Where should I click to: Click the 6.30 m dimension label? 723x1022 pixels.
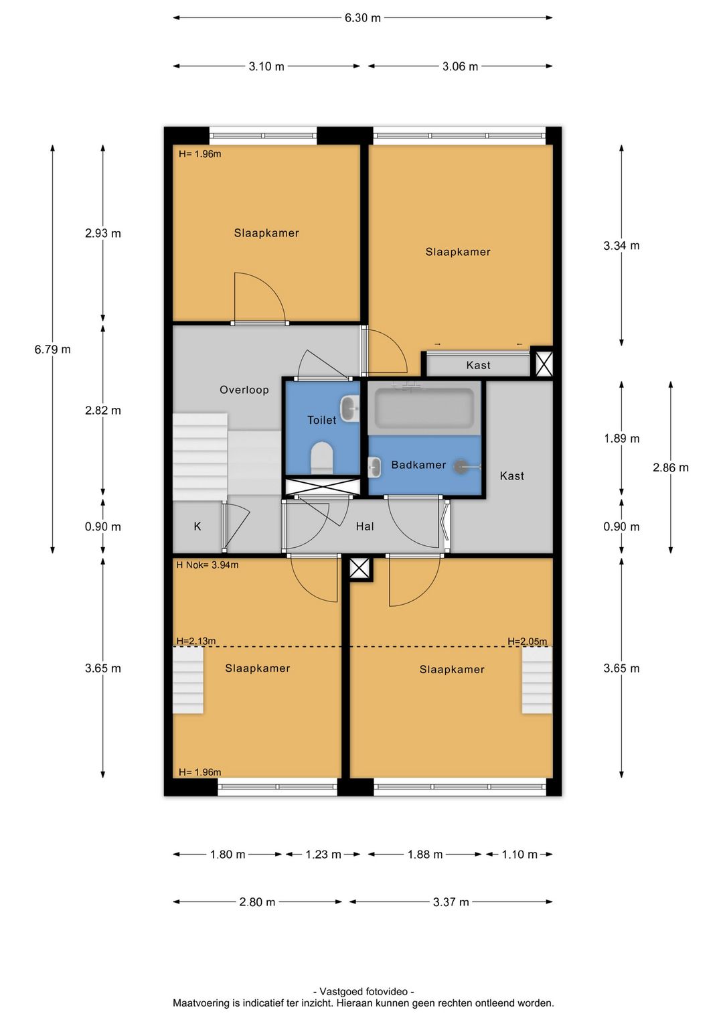click(362, 18)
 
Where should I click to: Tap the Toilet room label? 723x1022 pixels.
click(321, 420)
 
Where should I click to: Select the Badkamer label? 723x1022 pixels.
click(418, 465)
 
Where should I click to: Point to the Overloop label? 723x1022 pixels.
click(244, 390)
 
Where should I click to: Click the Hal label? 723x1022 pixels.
click(365, 526)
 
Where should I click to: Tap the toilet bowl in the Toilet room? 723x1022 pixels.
click(321, 457)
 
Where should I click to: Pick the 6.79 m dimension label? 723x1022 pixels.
click(52, 350)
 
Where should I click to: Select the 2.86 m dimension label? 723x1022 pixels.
click(671, 467)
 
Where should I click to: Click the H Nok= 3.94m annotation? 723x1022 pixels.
click(207, 565)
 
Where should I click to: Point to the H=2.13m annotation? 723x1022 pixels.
click(195, 640)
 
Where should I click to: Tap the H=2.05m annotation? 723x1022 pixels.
click(528, 641)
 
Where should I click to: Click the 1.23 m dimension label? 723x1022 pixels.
click(323, 854)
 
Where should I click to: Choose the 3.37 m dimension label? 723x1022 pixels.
click(451, 902)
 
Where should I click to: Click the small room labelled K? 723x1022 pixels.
click(197, 526)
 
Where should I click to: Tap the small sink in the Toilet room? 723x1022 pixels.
click(350, 409)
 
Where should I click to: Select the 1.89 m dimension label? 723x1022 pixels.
click(622, 439)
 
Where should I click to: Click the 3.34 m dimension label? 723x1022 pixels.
click(621, 246)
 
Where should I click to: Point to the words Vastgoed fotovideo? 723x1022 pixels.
click(364, 991)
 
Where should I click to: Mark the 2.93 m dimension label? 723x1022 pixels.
click(103, 233)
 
